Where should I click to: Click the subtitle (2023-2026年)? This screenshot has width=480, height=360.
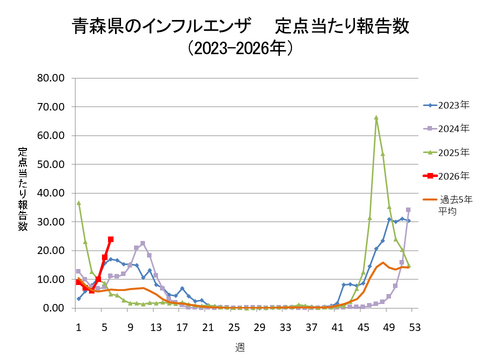point(239,47)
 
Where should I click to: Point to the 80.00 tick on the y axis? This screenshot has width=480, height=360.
point(50,78)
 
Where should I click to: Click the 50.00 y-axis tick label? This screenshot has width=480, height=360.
point(50,164)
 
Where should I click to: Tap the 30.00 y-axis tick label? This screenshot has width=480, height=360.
point(50,222)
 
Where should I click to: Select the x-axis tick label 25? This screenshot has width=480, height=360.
point(234,326)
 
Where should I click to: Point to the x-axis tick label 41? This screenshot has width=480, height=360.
point(337,326)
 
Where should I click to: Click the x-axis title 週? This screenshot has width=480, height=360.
point(240,347)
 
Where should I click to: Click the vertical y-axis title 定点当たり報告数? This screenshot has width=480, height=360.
point(21,190)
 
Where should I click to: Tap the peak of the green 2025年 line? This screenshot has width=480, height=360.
point(376,118)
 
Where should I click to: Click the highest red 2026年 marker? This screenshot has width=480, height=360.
point(110,239)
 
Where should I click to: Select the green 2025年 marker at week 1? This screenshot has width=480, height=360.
point(78,203)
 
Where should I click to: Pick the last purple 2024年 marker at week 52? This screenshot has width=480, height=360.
point(408,210)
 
